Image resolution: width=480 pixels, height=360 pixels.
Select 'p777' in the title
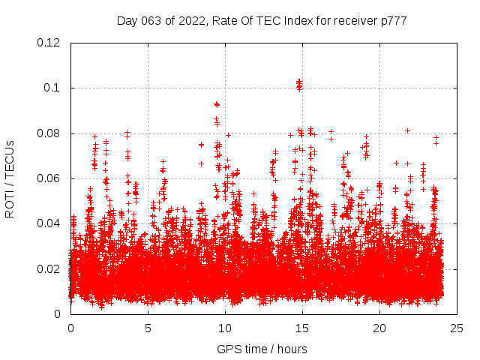pos(394,21)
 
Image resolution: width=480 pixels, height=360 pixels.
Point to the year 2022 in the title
pos(193,21)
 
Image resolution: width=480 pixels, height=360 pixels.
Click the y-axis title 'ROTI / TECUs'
pos(10,178)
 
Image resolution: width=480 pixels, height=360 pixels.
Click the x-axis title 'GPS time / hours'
pos(262,349)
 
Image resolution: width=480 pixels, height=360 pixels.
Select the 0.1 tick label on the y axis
pos(52,88)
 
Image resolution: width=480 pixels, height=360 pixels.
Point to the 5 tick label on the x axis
pos(148,328)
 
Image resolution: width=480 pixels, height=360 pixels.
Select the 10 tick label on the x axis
pos(225,328)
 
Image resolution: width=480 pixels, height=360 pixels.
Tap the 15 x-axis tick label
pos(302,328)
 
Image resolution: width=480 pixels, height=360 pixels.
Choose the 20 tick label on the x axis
pos(380,328)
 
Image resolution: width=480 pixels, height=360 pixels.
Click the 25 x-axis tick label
pos(457,328)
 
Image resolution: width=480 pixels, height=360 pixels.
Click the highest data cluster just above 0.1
pos(299,83)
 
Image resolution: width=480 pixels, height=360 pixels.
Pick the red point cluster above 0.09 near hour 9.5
pos(217,104)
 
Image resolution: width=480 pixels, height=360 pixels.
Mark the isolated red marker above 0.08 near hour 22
pos(407,130)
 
